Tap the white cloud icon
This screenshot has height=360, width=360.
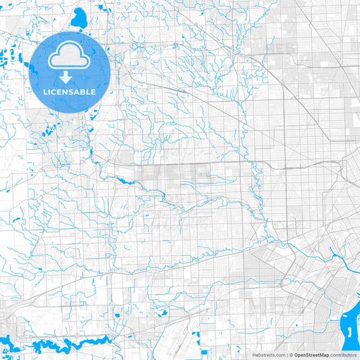(x=70, y=59)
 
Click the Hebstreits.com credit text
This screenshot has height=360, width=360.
(x=269, y=355)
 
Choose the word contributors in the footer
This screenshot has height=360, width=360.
(x=342, y=355)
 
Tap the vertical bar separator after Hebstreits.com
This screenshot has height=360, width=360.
(x=286, y=355)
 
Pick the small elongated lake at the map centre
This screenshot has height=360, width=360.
(x=124, y=180)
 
